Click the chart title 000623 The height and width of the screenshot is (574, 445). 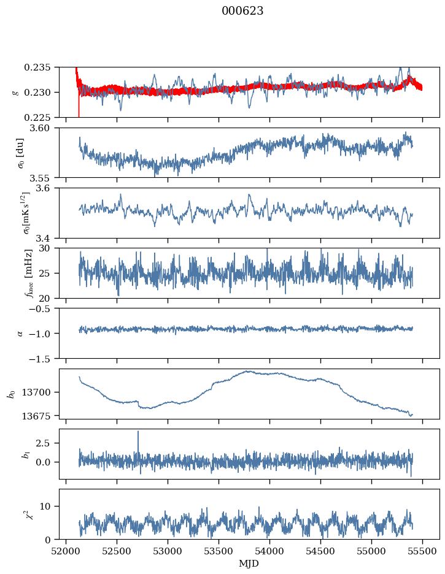click(x=242, y=11)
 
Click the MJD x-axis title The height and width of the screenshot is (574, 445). click(x=249, y=564)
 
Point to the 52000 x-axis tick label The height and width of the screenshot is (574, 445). click(x=66, y=552)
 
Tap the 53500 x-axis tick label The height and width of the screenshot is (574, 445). click(x=219, y=552)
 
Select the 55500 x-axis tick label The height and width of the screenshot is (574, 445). click(x=422, y=552)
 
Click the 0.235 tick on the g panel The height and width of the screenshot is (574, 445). click(x=37, y=67)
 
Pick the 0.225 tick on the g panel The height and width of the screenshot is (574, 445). click(x=37, y=118)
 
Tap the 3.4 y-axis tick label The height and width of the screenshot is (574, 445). click(x=42, y=239)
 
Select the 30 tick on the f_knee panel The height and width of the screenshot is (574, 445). click(x=45, y=248)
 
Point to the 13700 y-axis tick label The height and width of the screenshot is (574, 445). click(x=37, y=392)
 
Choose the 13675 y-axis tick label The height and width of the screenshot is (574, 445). click(x=37, y=416)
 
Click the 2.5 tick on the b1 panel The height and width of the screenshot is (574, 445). click(x=42, y=443)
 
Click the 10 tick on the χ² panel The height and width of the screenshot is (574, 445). click(x=45, y=507)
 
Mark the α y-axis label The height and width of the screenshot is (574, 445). click(x=20, y=334)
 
